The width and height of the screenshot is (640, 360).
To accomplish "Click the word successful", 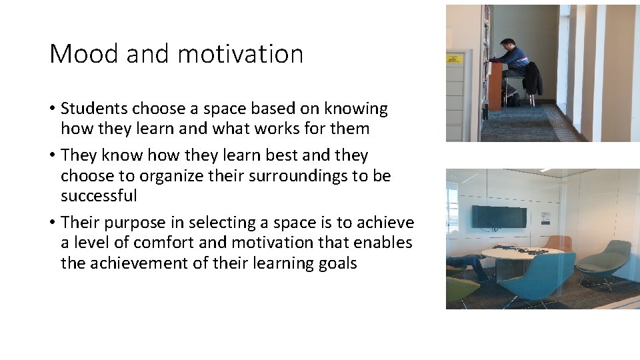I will [99, 196].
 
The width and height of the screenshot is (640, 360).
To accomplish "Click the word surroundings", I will [313, 176].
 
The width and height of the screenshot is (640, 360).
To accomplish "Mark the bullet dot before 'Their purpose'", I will [52, 223].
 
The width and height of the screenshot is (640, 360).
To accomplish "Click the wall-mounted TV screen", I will [499, 217].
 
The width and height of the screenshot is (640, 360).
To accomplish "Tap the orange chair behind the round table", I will [559, 242].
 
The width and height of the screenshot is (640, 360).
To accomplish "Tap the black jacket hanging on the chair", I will [532, 78].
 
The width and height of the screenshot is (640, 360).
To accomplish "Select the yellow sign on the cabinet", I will [454, 59].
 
